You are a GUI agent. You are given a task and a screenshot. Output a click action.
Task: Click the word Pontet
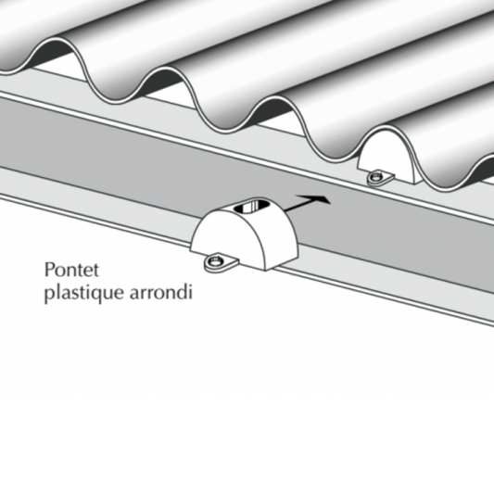point(72,270)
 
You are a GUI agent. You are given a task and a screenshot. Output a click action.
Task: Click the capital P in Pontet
point(49,270)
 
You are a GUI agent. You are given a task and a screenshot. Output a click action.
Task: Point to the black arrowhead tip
point(331,203)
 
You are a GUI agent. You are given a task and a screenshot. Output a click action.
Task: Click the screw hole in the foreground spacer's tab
point(215,261)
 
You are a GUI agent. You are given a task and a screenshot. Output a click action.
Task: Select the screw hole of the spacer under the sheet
point(375,177)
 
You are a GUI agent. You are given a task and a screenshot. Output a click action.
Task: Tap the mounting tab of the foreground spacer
point(221,262)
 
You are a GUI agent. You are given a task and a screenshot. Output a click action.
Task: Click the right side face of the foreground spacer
point(281,239)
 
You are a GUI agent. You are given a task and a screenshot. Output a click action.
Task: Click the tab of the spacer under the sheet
point(380,177)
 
